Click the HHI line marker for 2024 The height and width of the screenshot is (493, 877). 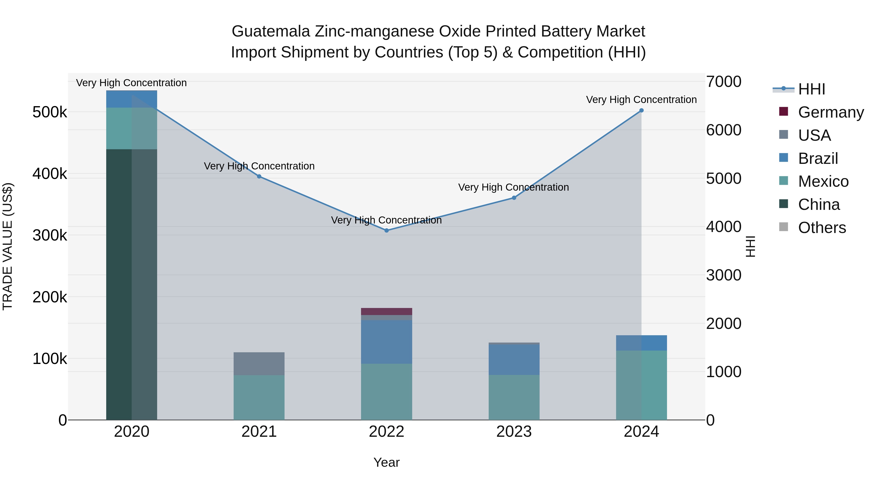(641, 110)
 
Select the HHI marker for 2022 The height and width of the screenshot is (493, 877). (386, 230)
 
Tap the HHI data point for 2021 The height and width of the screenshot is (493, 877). (259, 176)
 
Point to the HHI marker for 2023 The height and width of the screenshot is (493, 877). (514, 198)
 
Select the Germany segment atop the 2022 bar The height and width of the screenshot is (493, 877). (386, 311)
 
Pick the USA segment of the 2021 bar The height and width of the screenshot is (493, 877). (259, 363)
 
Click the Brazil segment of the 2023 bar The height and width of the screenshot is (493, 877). (514, 359)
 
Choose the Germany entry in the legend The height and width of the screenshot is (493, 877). (830, 112)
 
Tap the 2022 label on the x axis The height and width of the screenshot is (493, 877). (386, 432)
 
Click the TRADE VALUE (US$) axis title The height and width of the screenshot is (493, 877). (8, 246)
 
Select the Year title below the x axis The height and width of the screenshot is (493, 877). (386, 462)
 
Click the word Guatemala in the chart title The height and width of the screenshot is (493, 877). (271, 31)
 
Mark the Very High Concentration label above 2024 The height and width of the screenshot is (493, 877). (641, 100)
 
